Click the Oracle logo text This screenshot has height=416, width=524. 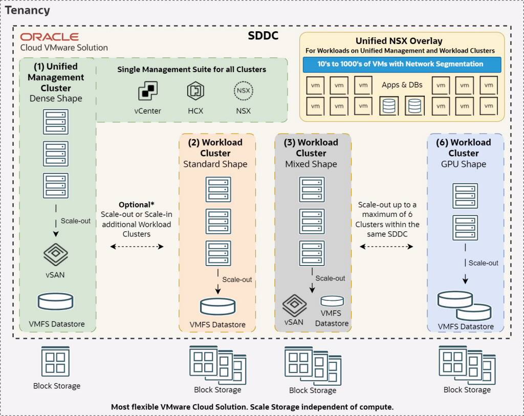49,37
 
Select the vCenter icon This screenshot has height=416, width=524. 147,92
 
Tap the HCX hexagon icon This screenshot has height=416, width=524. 195,92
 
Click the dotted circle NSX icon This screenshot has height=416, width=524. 243,92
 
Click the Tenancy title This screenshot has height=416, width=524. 28,10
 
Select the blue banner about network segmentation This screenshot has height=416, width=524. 402,64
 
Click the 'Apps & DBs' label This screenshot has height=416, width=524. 402,84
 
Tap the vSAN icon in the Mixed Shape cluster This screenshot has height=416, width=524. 294,305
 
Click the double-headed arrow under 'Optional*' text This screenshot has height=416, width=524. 137,247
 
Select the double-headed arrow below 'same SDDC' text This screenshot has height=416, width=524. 386,247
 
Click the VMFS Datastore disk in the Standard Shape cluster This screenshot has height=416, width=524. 218,306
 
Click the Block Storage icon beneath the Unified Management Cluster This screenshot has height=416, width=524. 56,361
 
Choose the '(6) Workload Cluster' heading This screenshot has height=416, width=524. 464,147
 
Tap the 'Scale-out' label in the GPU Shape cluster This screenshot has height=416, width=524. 483,263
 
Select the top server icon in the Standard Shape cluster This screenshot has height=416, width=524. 218,189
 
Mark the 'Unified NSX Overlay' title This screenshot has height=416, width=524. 399,41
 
